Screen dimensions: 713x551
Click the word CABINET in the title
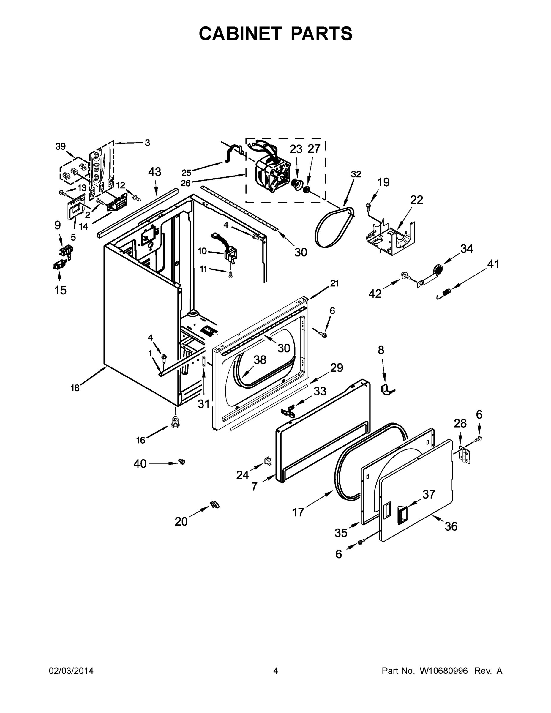pos(240,34)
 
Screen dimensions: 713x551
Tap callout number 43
pos(155,172)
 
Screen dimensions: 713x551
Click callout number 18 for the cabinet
pos(75,388)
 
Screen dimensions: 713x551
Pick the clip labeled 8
pos(387,389)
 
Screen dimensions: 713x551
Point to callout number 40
pos(140,463)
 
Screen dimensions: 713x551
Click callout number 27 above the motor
pos(314,149)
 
